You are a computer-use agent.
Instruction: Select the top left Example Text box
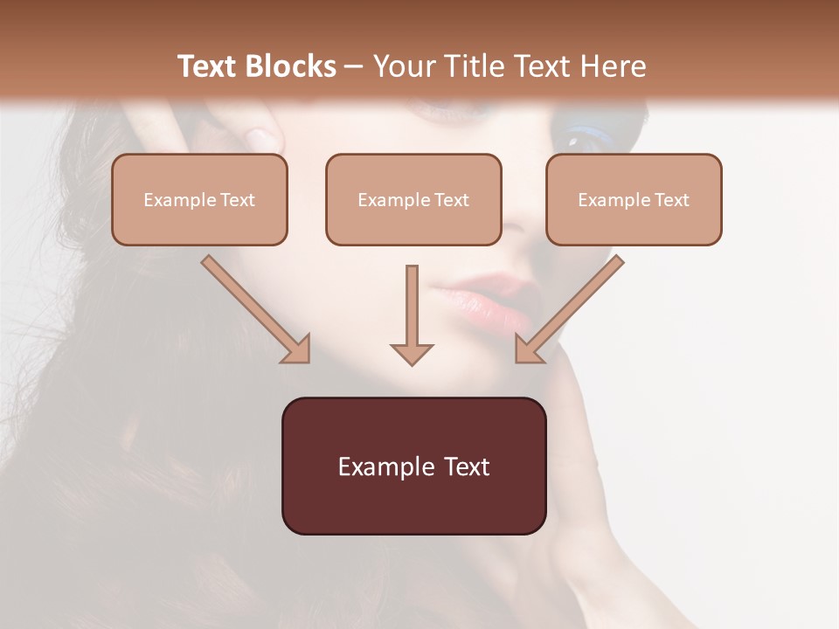[x=199, y=199]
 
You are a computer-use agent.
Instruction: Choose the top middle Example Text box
[x=413, y=199]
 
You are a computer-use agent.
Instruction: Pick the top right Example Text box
[x=634, y=199]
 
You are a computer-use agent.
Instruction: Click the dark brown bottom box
[x=413, y=466]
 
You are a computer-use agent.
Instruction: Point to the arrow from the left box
[x=253, y=308]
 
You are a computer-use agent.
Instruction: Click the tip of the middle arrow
[x=412, y=362]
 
